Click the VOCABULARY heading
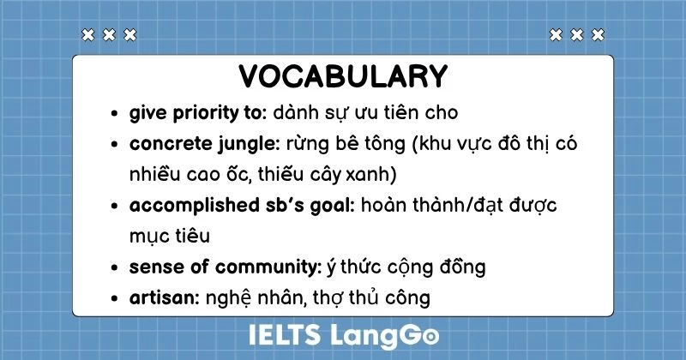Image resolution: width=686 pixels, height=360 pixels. (343, 76)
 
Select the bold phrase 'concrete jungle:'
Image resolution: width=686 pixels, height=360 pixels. (195, 143)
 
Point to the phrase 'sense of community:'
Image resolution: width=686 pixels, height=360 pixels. (226, 267)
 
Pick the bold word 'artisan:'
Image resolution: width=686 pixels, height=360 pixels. (165, 297)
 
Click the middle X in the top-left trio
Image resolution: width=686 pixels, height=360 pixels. (108, 35)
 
